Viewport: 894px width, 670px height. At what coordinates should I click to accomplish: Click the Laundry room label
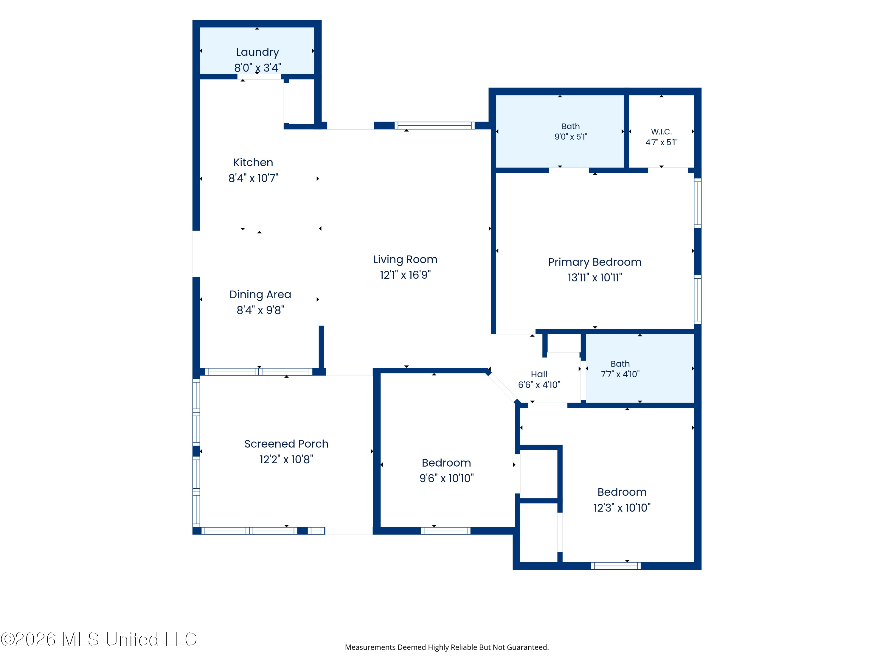257,52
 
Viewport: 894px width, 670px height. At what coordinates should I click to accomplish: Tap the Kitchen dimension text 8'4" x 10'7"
253,178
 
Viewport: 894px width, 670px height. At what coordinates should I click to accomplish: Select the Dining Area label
260,295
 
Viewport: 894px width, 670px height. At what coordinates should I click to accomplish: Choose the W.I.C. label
661,132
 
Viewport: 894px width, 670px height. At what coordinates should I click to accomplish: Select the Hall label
539,374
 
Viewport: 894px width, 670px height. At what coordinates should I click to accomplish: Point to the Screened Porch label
286,444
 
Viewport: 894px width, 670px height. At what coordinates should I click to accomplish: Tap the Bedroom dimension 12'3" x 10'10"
622,508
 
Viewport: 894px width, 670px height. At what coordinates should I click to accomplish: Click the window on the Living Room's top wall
434,126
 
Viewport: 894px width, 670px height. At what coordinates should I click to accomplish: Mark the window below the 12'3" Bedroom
616,566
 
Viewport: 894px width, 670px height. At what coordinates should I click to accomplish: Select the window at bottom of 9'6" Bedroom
446,531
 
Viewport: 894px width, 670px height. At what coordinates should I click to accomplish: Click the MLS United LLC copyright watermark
99,639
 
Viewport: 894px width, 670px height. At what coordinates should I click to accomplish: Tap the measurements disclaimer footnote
447,647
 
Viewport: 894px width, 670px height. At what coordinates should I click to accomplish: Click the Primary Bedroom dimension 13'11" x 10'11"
595,278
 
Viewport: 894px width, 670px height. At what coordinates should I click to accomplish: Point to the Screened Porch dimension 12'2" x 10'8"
286,459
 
